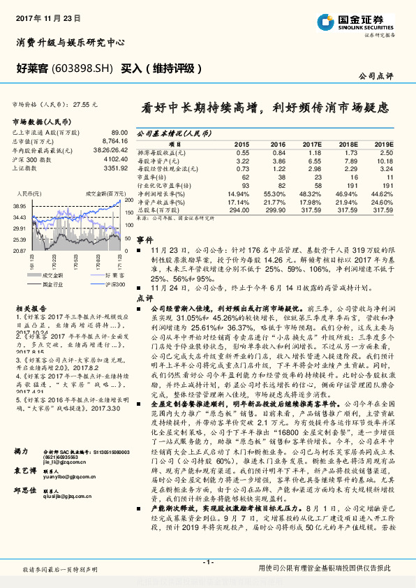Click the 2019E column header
tap(383, 143)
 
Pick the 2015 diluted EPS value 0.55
tap(242, 152)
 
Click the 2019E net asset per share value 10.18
tap(385, 160)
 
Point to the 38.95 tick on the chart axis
tap(20, 207)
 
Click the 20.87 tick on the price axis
tap(20, 250)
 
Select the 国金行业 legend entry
tap(50, 284)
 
